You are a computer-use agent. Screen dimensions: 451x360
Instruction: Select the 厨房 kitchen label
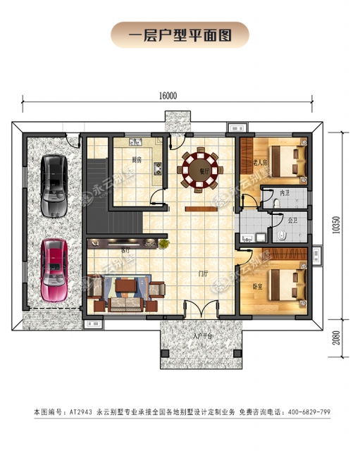click(x=137, y=160)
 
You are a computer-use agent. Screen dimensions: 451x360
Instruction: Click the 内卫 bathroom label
click(x=284, y=192)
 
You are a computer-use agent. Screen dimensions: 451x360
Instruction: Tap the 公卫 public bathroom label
click(x=292, y=219)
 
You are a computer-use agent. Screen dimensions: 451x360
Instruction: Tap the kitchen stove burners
click(x=158, y=169)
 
